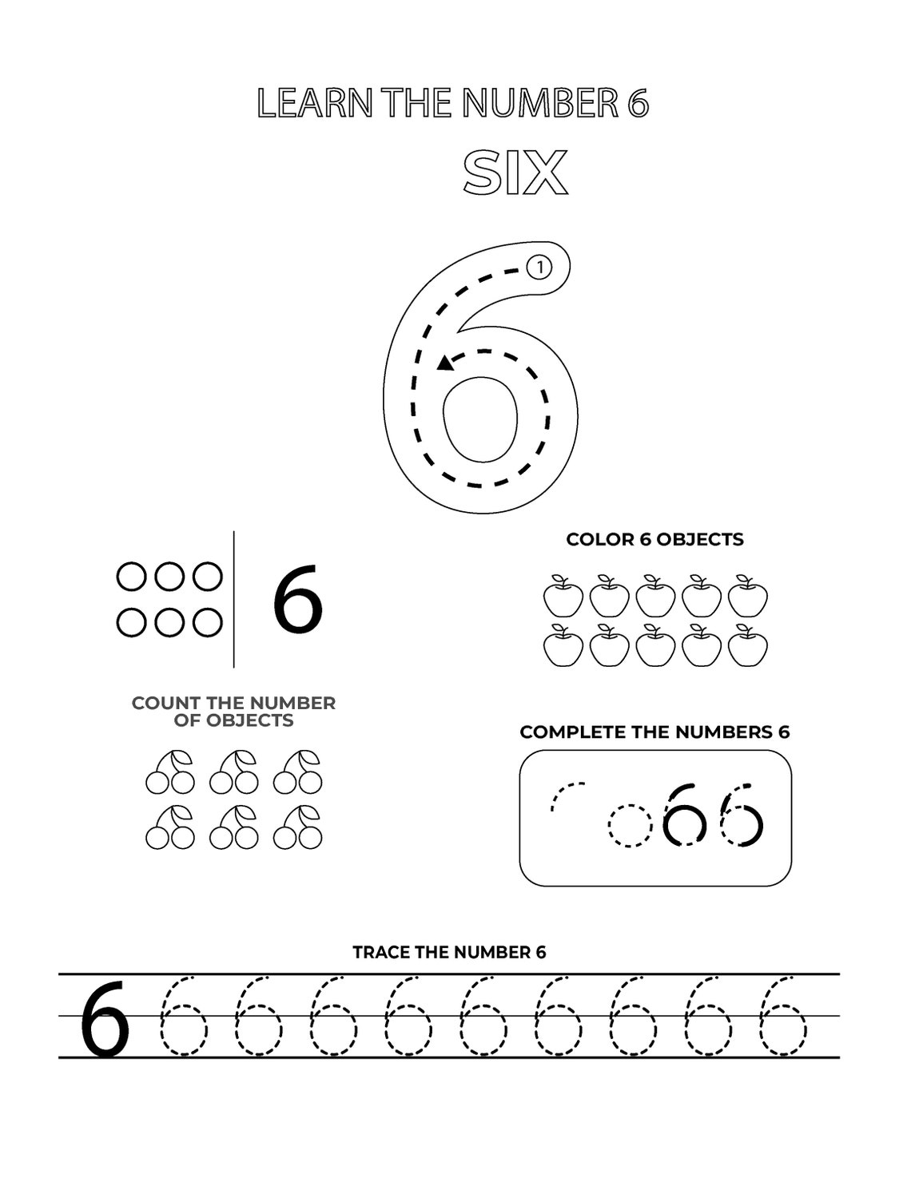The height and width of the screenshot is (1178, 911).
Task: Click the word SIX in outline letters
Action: point(515,173)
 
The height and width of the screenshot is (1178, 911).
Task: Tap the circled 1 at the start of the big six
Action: point(540,268)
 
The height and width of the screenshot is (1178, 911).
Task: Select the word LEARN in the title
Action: point(315,104)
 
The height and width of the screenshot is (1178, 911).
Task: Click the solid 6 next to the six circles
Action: point(297,600)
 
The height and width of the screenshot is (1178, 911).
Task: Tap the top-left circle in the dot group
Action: point(130,577)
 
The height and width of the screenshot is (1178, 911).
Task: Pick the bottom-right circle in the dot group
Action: point(208,622)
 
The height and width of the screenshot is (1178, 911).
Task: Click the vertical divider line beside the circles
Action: point(234,599)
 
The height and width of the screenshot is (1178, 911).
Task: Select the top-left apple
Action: point(563,597)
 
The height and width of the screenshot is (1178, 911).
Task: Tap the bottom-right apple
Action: point(748,646)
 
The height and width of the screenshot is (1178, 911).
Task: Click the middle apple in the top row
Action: point(656,597)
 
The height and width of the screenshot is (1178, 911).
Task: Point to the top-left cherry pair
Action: point(170,772)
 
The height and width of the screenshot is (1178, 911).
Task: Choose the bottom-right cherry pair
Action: point(298,827)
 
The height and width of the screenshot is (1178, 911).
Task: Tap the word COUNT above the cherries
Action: point(166,703)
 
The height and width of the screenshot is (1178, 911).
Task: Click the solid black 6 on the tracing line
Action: point(105,1021)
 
